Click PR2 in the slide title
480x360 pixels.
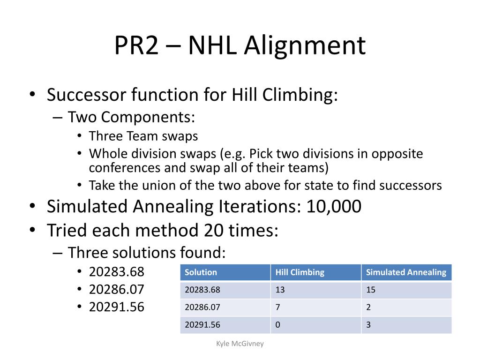(136, 46)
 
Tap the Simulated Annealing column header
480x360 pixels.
(406, 272)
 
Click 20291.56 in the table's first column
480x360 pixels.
(202, 325)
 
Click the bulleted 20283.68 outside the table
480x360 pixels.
(117, 272)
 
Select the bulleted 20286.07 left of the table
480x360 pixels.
(117, 289)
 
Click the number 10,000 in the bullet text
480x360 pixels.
(334, 207)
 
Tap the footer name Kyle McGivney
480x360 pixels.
(240, 344)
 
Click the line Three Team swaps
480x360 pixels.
(143, 136)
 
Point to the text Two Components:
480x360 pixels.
(131, 117)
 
